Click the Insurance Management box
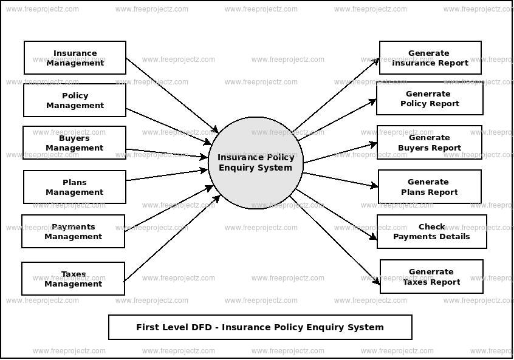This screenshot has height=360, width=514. (x=75, y=58)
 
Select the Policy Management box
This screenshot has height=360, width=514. (x=75, y=100)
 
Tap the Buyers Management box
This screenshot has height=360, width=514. (x=75, y=143)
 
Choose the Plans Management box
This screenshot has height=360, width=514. (x=75, y=187)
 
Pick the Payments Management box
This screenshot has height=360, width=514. (x=73, y=231)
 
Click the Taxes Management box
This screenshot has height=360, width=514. (x=73, y=279)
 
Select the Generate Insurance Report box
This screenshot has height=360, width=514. (x=430, y=58)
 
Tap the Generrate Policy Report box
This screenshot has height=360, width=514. (x=430, y=98)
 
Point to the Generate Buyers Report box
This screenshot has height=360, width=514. (x=429, y=142)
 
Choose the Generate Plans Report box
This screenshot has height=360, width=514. (x=430, y=186)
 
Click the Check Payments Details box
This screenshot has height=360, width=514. (x=431, y=231)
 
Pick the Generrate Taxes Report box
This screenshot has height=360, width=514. (x=431, y=277)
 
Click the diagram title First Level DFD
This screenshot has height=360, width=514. (x=260, y=327)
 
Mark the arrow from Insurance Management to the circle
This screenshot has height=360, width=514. (x=172, y=95)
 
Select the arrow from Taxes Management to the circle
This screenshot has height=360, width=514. (x=172, y=238)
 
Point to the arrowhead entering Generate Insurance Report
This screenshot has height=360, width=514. (x=377, y=61)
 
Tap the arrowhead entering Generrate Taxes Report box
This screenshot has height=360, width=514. (x=377, y=281)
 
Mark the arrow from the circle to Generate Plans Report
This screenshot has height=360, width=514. (x=340, y=180)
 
